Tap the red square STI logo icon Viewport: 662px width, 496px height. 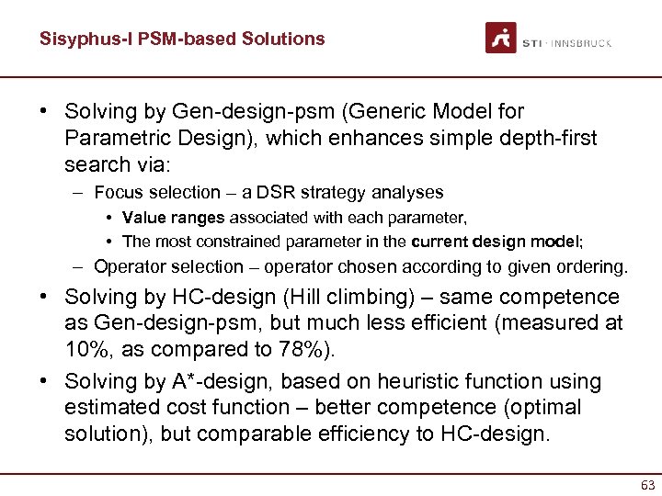click(501, 38)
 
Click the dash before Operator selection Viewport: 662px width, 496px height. click(81, 267)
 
